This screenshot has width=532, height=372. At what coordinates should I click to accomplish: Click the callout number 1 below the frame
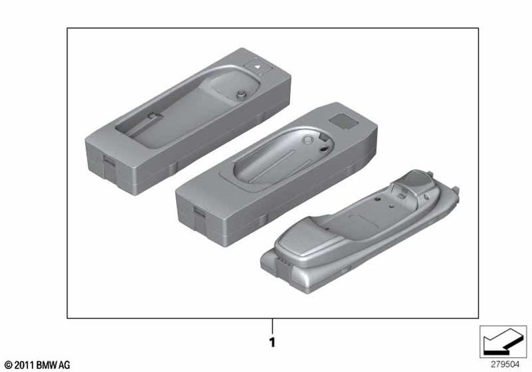(x=272, y=342)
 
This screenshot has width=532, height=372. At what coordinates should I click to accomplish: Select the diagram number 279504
(x=505, y=365)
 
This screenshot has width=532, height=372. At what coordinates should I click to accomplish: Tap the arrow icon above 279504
(x=503, y=342)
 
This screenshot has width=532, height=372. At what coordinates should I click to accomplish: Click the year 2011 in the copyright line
(x=24, y=365)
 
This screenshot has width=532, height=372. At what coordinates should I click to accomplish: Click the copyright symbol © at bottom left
(x=9, y=365)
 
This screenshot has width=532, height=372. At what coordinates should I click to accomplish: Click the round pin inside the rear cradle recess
(x=241, y=95)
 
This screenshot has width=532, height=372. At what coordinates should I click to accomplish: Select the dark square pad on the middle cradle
(x=344, y=121)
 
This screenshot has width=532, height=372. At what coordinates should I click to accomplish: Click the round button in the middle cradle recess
(x=307, y=140)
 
